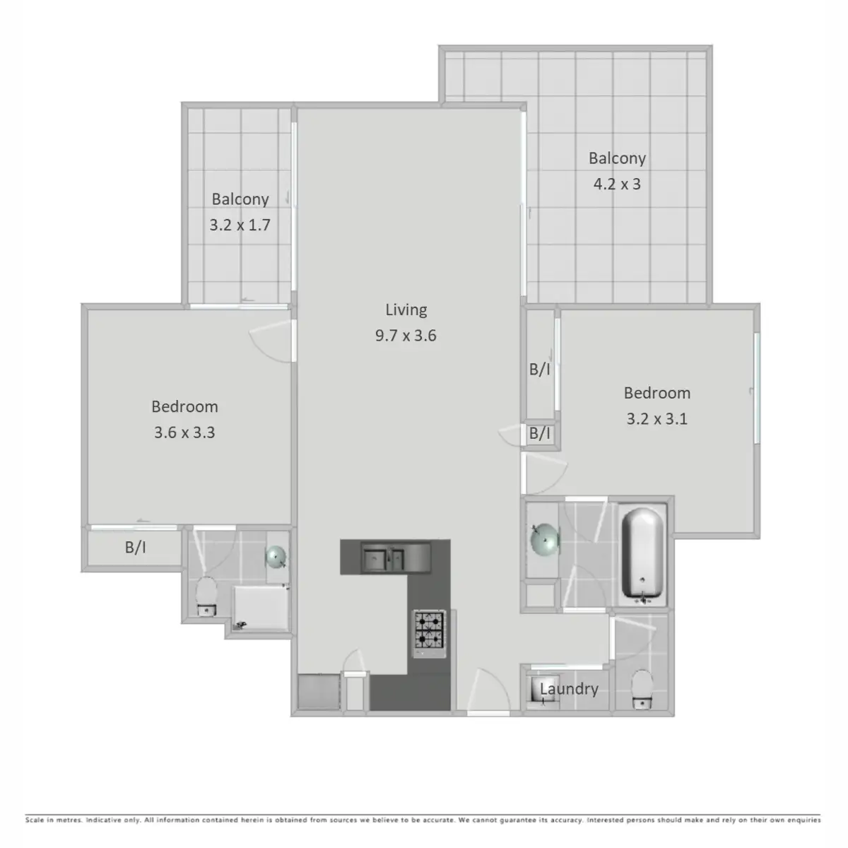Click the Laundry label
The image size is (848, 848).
pos(569,689)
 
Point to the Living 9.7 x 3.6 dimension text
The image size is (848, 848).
pos(406,336)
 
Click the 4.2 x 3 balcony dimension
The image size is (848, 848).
pos(617,184)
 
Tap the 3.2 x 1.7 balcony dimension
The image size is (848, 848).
pos(240,225)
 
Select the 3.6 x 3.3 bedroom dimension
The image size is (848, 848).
pos(184,432)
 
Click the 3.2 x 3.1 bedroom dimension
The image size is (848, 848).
pos(656,419)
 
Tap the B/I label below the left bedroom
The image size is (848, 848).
pos(135,547)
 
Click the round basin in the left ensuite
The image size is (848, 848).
pos(276,558)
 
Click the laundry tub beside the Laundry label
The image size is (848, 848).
pos(536,692)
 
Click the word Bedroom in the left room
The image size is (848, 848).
pos(184,407)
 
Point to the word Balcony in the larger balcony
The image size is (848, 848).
pos(617,158)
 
